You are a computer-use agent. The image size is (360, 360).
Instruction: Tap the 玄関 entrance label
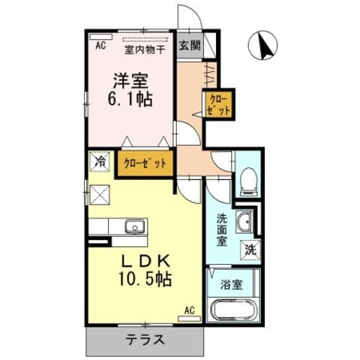pos(189,45)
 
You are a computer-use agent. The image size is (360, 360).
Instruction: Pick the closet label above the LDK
pos(145,163)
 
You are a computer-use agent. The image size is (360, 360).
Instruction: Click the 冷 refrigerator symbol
pos(100,160)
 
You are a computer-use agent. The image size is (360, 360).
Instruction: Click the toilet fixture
pos(247,180)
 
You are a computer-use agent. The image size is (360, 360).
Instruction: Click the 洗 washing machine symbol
pos(250,250)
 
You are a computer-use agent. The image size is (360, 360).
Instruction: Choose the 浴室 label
pos(231,286)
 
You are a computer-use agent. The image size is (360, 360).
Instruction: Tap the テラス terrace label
pos(145,340)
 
